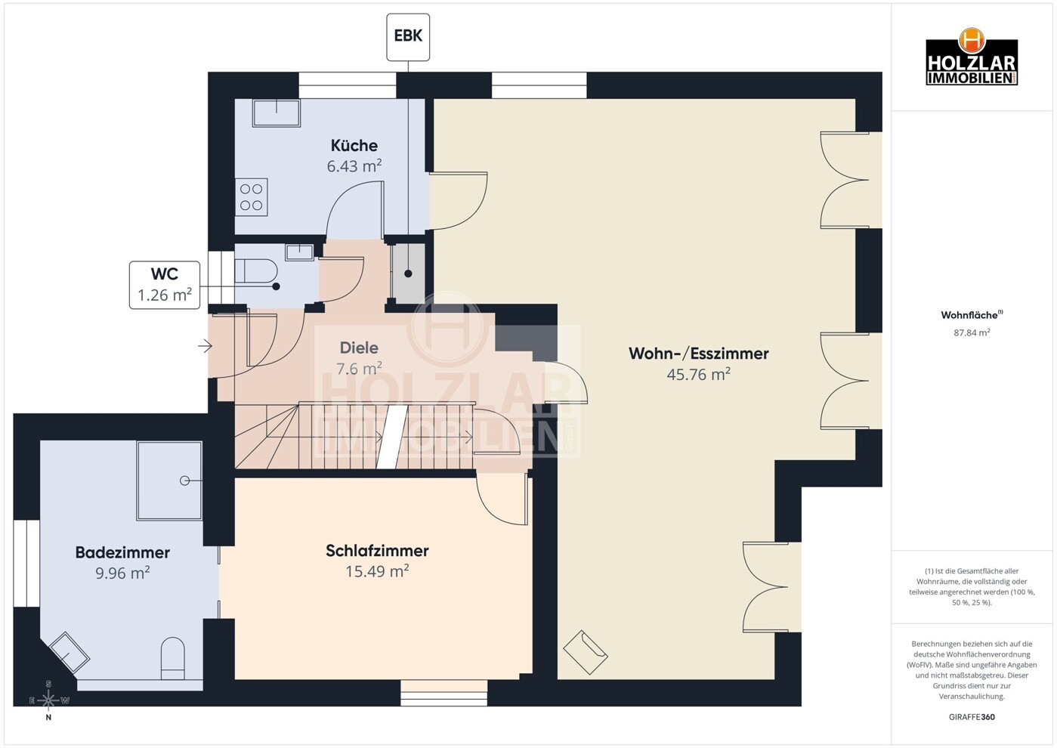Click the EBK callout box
(x=408, y=36)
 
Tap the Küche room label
(x=354, y=145)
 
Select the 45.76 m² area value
(x=698, y=375)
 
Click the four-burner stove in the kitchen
(x=252, y=196)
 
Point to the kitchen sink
(x=276, y=113)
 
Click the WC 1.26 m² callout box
(x=165, y=285)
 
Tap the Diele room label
(x=359, y=348)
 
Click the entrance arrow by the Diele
(x=205, y=346)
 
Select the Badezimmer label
(x=122, y=552)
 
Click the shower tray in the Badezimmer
(x=169, y=481)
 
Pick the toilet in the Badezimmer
(x=173, y=657)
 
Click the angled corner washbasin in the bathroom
(x=69, y=652)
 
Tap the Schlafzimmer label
(x=377, y=551)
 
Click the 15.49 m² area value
(x=377, y=572)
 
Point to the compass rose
(x=48, y=700)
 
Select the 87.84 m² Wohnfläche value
(x=972, y=332)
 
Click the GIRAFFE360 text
(x=972, y=717)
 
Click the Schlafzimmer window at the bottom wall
(x=444, y=693)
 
